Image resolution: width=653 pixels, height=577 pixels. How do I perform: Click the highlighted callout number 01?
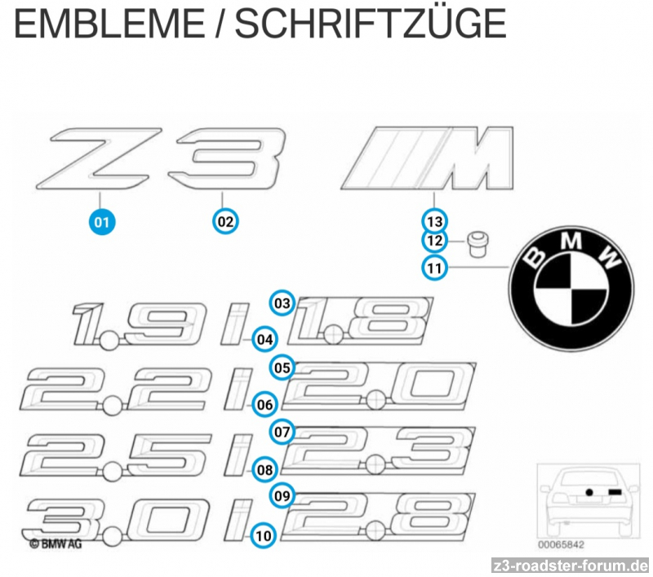[101, 220]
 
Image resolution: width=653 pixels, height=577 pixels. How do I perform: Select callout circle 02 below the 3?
[225, 220]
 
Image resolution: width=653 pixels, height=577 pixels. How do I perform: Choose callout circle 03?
[282, 304]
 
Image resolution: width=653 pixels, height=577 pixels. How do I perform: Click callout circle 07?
[282, 432]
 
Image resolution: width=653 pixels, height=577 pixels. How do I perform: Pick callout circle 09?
[282, 495]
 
